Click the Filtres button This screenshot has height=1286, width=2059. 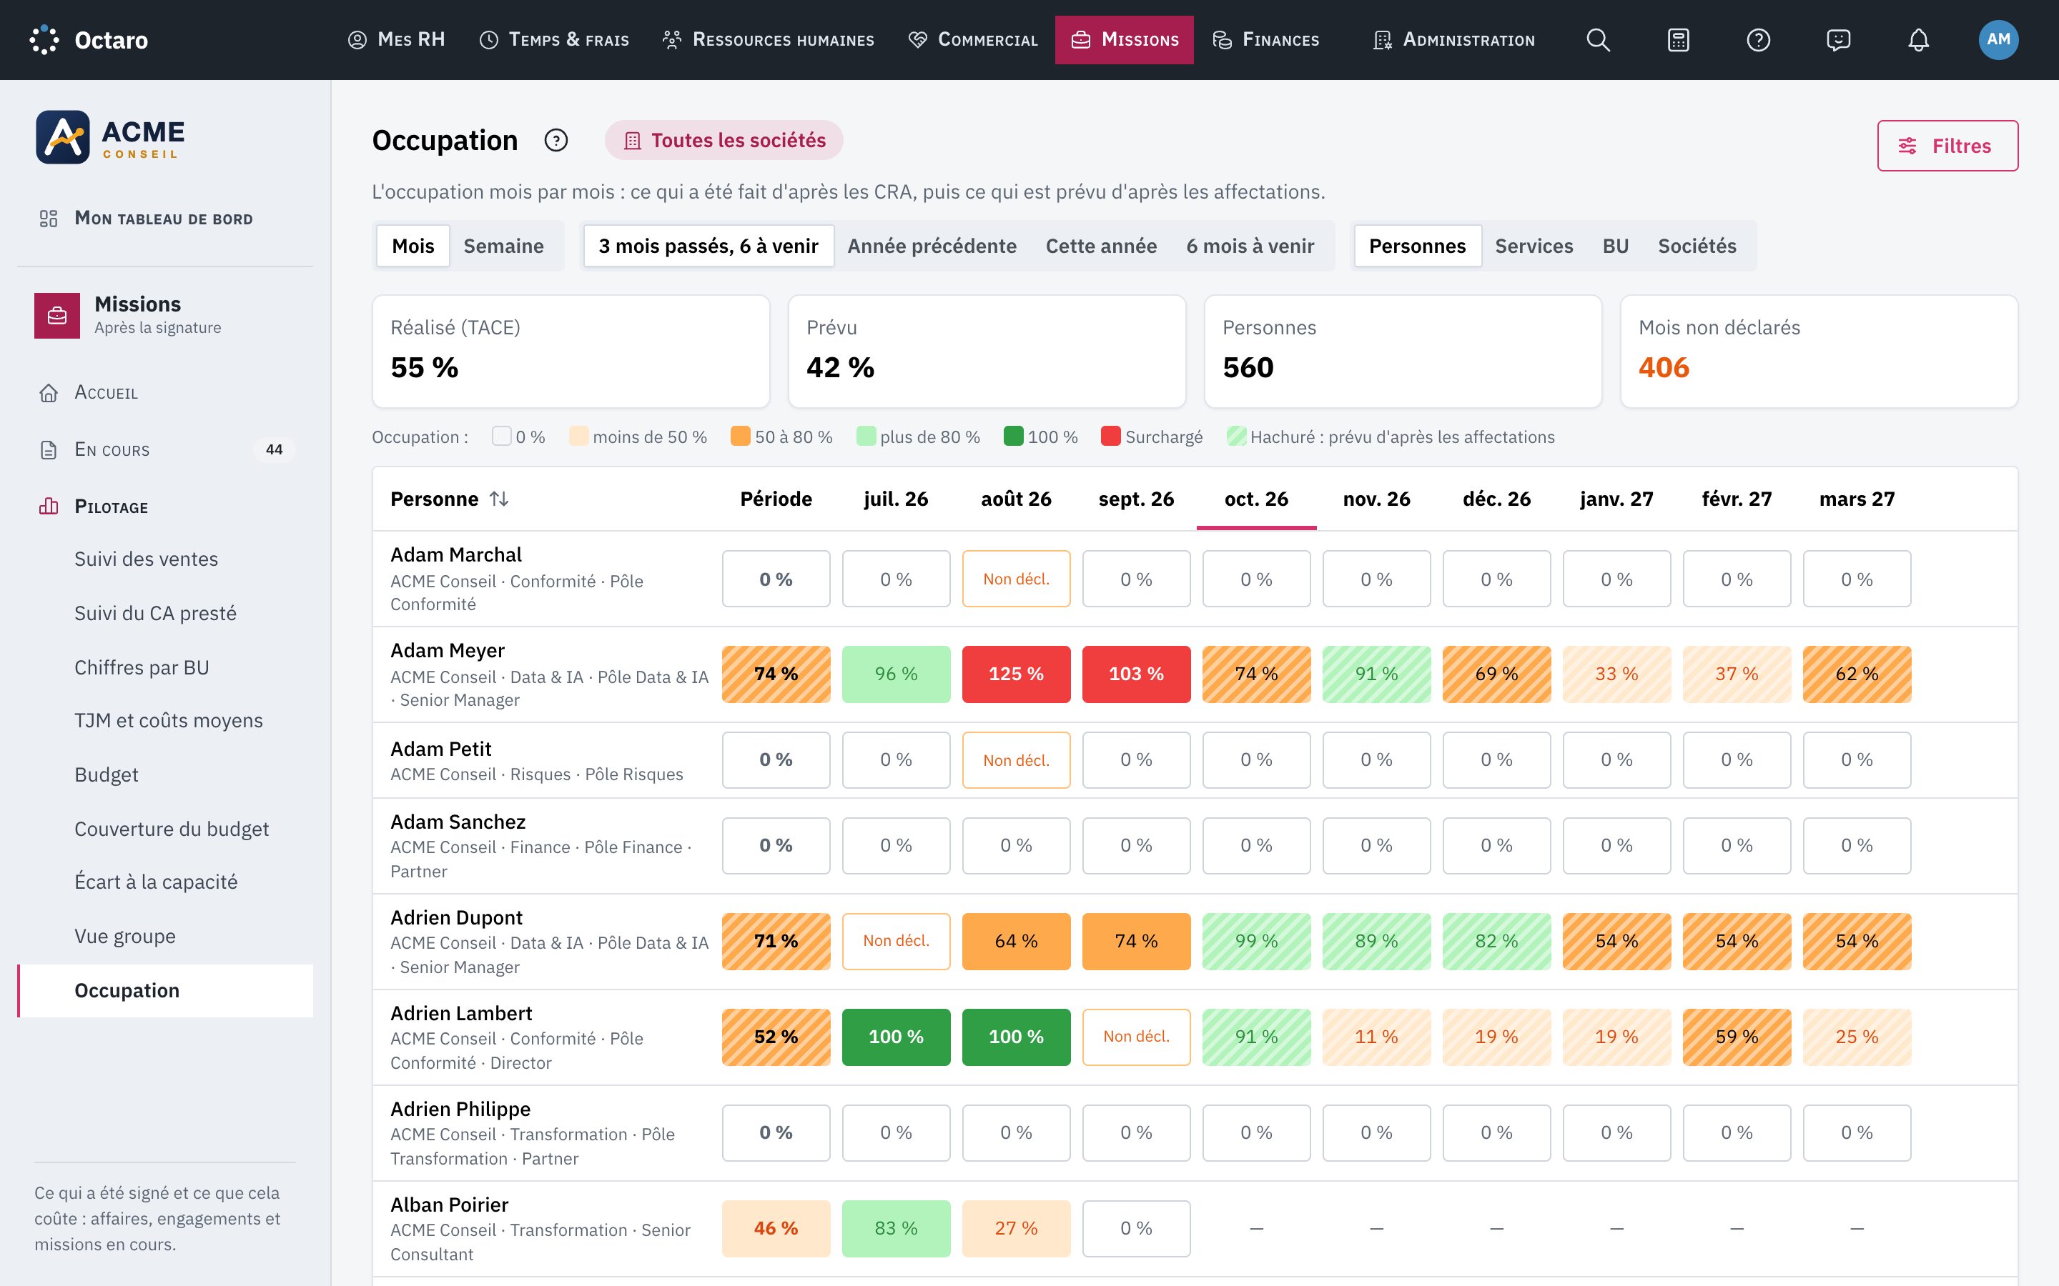tap(1947, 146)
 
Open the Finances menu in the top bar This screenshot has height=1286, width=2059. tap(1266, 40)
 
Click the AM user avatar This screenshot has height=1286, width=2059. tap(1998, 40)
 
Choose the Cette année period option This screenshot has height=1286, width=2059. tap(1101, 246)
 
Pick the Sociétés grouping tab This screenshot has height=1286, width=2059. tap(1697, 246)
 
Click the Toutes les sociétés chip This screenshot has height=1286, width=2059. tap(724, 140)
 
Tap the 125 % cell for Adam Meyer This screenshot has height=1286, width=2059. tap(1016, 674)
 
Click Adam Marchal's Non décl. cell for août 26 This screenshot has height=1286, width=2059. tap(1016, 579)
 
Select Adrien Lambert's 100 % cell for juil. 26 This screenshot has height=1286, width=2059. tap(896, 1037)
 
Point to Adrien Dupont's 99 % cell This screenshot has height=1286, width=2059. tap(1256, 942)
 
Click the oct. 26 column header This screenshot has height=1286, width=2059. tap(1256, 499)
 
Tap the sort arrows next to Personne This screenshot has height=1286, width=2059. tap(500, 499)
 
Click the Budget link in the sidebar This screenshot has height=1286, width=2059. tap(107, 775)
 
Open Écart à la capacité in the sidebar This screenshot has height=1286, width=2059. tap(156, 882)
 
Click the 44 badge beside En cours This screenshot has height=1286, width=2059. tap(274, 450)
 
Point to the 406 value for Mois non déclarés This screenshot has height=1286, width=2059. tap(1664, 367)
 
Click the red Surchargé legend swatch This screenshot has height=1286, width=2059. tap(1110, 437)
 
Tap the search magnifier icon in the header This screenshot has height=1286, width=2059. tap(1598, 40)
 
